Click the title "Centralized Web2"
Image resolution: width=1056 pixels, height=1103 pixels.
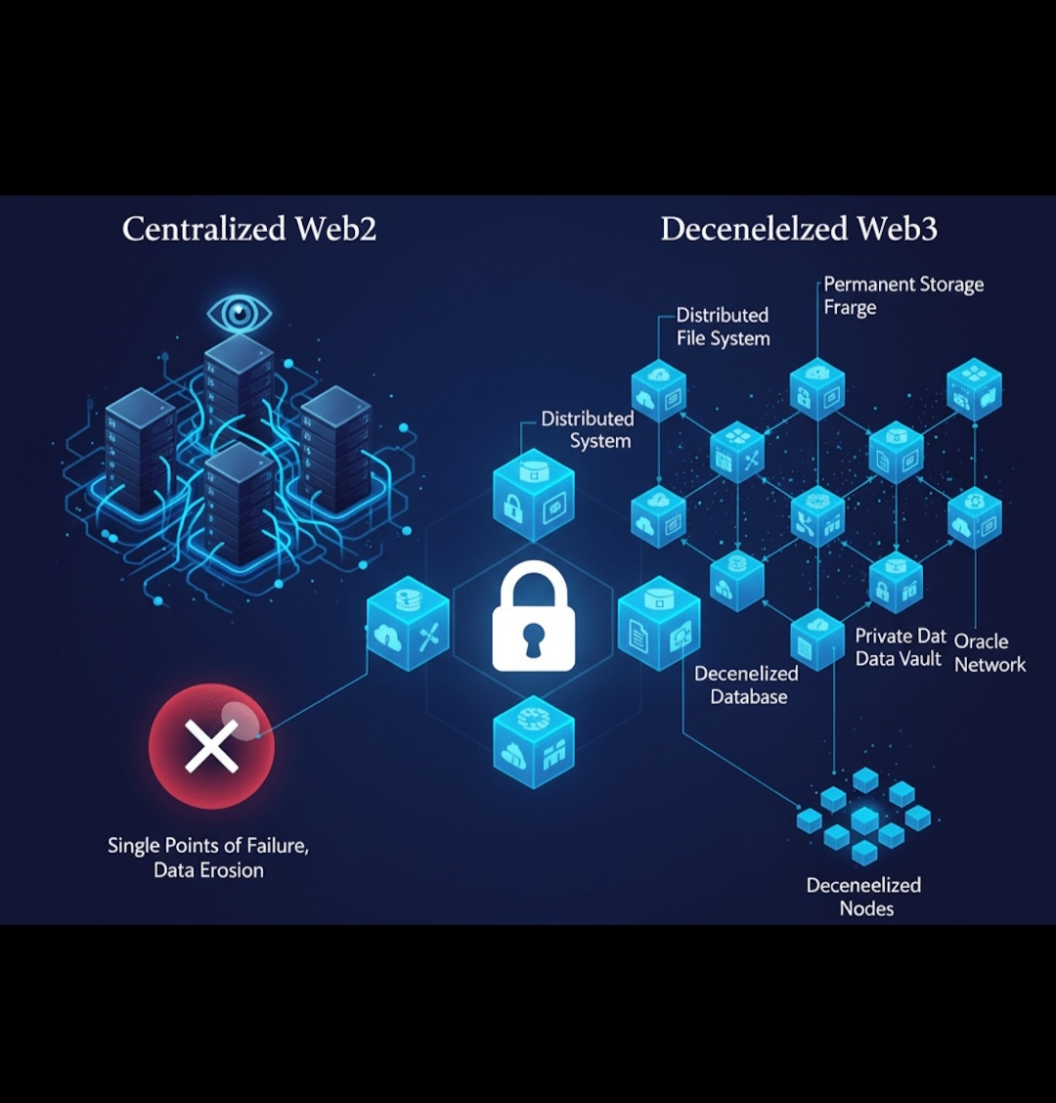249,229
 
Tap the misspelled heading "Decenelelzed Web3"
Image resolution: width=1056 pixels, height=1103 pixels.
799,229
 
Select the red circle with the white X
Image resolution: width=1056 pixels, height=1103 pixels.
211,746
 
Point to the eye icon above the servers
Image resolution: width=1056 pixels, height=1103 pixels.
239,314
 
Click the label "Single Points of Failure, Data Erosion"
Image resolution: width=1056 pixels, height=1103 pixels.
208,858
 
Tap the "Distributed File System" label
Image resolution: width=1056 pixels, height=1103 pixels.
723,327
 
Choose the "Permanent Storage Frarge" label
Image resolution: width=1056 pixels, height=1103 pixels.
902,295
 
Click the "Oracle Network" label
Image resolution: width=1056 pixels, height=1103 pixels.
990,652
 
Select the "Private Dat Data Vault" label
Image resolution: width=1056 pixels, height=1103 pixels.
901,647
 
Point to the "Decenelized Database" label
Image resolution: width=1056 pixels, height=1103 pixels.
747,684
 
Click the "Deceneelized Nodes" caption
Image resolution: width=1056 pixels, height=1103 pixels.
863,896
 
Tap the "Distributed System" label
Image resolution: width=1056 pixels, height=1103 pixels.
588,429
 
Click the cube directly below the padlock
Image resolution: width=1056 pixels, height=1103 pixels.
533,738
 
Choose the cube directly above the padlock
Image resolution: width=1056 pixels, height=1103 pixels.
533,494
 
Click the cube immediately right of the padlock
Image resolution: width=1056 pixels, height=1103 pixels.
659,624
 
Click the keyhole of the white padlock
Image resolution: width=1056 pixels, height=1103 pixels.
533,640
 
